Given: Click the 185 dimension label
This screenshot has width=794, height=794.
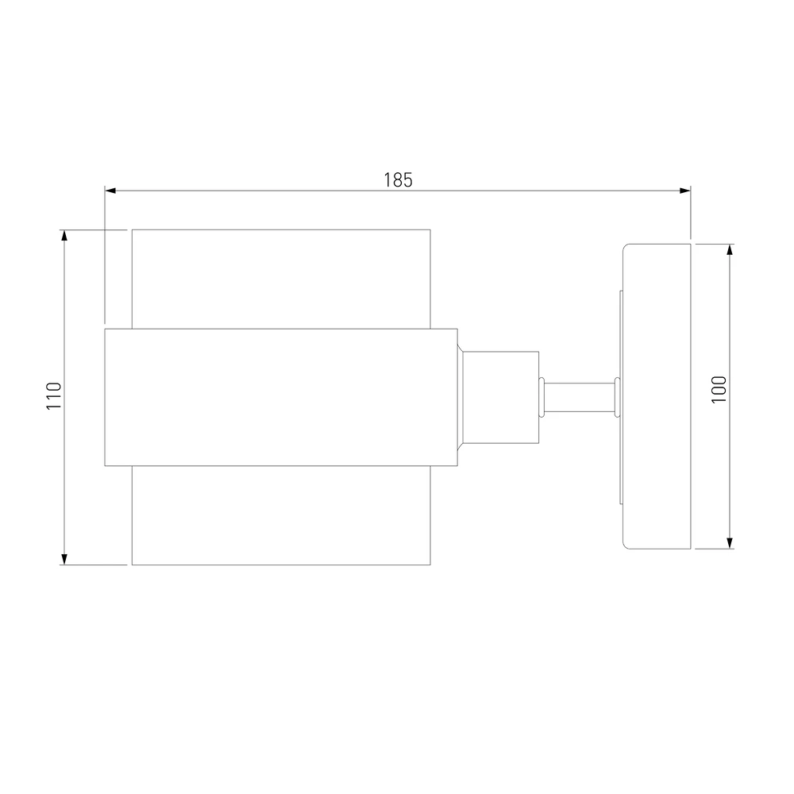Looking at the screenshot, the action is coord(398,179).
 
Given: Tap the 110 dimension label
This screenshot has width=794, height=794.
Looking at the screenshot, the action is coord(54,396).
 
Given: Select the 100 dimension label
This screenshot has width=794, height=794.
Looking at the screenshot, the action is coord(719,389).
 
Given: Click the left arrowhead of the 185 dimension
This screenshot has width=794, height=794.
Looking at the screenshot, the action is coord(110,191).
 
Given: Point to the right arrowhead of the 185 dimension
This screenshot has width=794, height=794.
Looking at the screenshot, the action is coord(684,191).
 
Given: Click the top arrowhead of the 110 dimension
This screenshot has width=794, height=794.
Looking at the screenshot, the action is coord(64,236).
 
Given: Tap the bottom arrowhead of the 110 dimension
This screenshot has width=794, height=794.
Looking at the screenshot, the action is coord(64,558).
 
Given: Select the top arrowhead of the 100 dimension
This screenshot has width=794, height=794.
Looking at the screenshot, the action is coord(730,249).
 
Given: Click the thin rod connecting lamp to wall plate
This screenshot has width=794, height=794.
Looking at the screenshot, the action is coord(580,398).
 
